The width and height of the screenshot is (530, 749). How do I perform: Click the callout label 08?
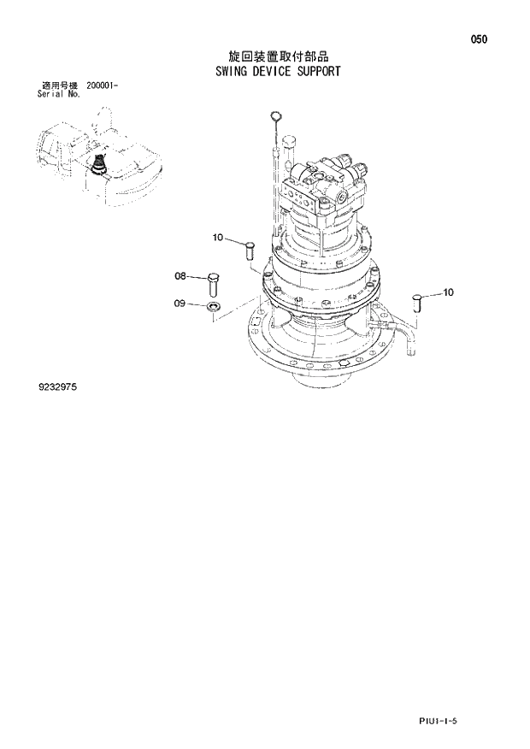(x=180, y=276)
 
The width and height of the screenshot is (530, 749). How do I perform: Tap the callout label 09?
(x=180, y=303)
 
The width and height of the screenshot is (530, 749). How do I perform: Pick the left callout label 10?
(x=218, y=237)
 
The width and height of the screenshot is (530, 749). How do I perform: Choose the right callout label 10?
(x=448, y=292)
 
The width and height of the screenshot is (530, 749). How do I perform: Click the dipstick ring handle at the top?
(x=274, y=117)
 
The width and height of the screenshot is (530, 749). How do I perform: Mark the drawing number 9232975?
(x=57, y=387)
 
